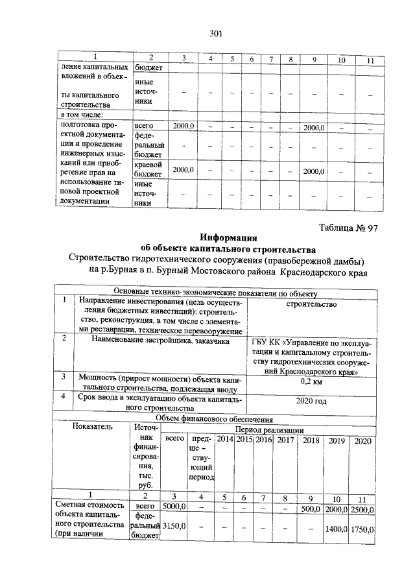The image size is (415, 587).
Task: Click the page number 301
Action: pos(216,34)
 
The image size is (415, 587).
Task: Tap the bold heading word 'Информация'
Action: pos(229,238)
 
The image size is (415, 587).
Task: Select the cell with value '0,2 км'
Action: pos(311,382)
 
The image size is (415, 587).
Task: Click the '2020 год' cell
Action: pos(311,401)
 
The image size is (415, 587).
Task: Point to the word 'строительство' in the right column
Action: pos(311,304)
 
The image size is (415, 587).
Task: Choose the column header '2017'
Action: pos(283,440)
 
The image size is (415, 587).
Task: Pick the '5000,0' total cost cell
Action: pos(174,507)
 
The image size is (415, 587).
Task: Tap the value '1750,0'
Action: pos(363,530)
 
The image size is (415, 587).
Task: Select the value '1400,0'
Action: pos(337,530)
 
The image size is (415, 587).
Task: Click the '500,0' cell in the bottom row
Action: pos(311,509)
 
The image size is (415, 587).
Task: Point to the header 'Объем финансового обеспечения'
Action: pos(216,420)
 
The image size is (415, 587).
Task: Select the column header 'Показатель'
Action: pos(93,427)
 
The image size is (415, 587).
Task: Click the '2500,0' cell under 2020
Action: pos(363,509)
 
